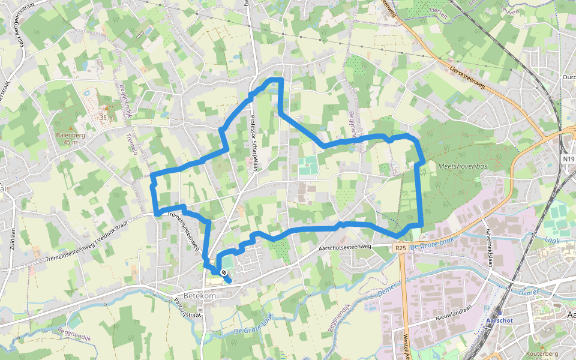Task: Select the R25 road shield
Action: [x=401, y=247]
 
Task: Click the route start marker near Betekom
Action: [x=223, y=274]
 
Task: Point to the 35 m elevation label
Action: [x=107, y=118]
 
